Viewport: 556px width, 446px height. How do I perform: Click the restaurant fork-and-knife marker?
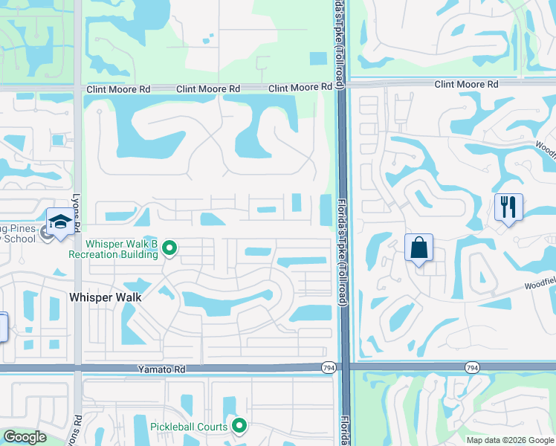(508, 206)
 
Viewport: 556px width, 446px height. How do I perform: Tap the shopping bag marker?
(418, 248)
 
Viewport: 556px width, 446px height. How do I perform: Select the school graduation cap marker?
(60, 222)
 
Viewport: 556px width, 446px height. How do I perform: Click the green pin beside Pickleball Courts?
(239, 426)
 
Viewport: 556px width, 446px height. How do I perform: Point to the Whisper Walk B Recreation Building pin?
(169, 248)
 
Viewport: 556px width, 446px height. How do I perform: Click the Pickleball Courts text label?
(190, 427)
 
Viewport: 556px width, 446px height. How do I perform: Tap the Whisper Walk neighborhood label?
(105, 297)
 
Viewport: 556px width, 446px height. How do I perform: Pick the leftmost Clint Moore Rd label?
(118, 89)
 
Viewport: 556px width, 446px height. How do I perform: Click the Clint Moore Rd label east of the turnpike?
(466, 85)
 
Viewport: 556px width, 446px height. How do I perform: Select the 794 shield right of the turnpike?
(471, 367)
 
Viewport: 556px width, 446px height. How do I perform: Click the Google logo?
(25, 437)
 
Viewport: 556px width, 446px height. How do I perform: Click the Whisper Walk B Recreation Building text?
(113, 248)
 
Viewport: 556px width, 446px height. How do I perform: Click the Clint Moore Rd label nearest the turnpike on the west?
(300, 88)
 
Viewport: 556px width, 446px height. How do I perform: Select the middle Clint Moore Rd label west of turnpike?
(208, 89)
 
